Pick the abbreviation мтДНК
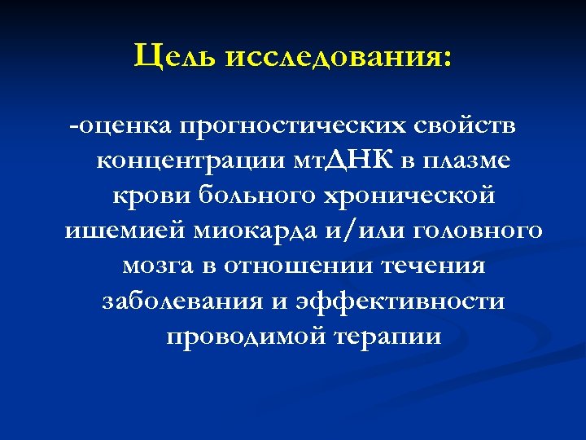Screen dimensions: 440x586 346,161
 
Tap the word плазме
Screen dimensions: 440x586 467,161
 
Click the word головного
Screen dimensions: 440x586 478,231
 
